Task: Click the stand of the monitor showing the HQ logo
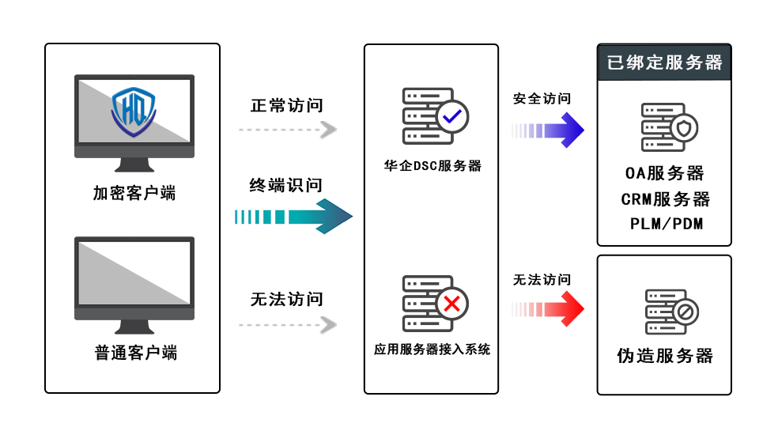[134, 164]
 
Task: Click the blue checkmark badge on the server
[452, 116]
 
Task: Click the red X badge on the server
[452, 304]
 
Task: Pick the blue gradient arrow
[551, 130]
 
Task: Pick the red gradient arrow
[551, 308]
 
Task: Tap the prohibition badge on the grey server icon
[684, 312]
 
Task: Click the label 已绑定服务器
[664, 62]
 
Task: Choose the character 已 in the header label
[615, 62]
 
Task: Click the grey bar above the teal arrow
[288, 130]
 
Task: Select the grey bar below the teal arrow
[288, 325]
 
